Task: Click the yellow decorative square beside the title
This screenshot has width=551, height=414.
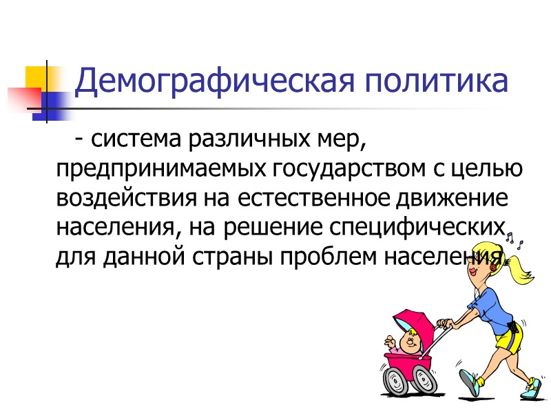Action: point(37,77)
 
